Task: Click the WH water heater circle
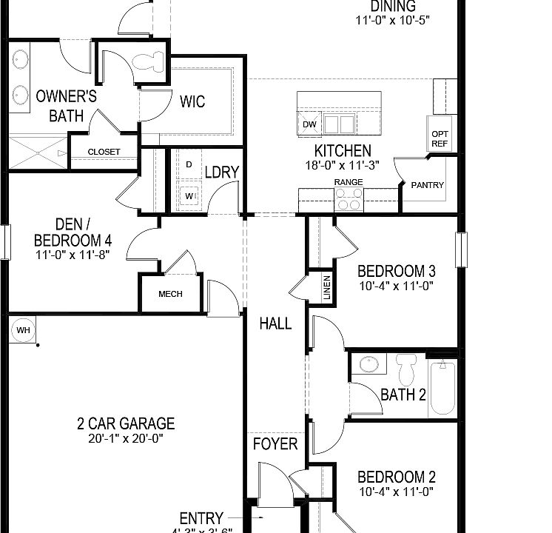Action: click(x=22, y=329)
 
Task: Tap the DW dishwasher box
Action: click(x=309, y=124)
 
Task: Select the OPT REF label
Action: click(x=440, y=138)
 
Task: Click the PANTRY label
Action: click(x=428, y=185)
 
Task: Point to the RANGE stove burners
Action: click(x=349, y=198)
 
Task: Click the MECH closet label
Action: click(x=170, y=294)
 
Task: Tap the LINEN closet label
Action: click(x=326, y=289)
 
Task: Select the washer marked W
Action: click(x=189, y=195)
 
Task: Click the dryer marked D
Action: click(x=189, y=164)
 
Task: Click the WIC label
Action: click(x=192, y=101)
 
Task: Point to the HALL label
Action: click(x=275, y=324)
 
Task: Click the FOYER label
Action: click(x=275, y=444)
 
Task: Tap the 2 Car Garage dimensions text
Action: click(x=126, y=438)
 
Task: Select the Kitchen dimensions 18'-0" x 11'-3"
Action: click(x=342, y=166)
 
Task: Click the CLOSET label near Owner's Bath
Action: click(x=104, y=152)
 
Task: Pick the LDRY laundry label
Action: click(x=222, y=172)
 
